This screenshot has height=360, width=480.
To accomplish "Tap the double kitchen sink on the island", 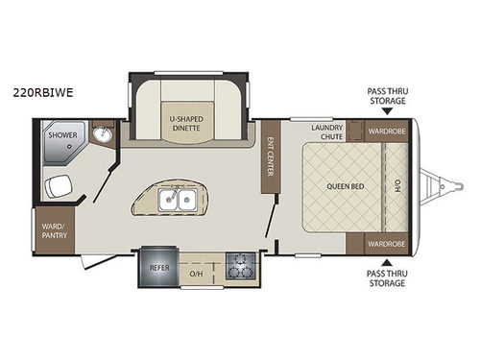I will pyautogui.click(x=179, y=201).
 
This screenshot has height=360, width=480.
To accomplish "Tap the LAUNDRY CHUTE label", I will pyautogui.click(x=327, y=132).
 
